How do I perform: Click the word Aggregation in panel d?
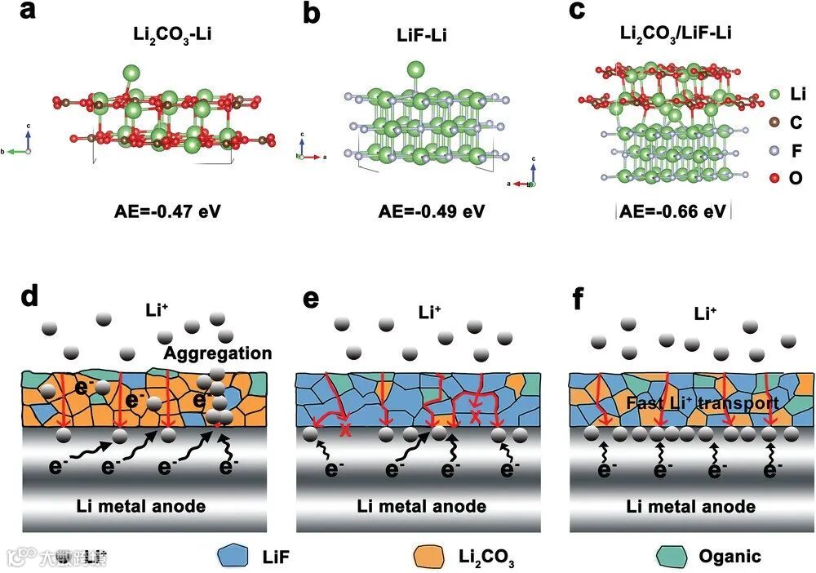[x=218, y=353]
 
